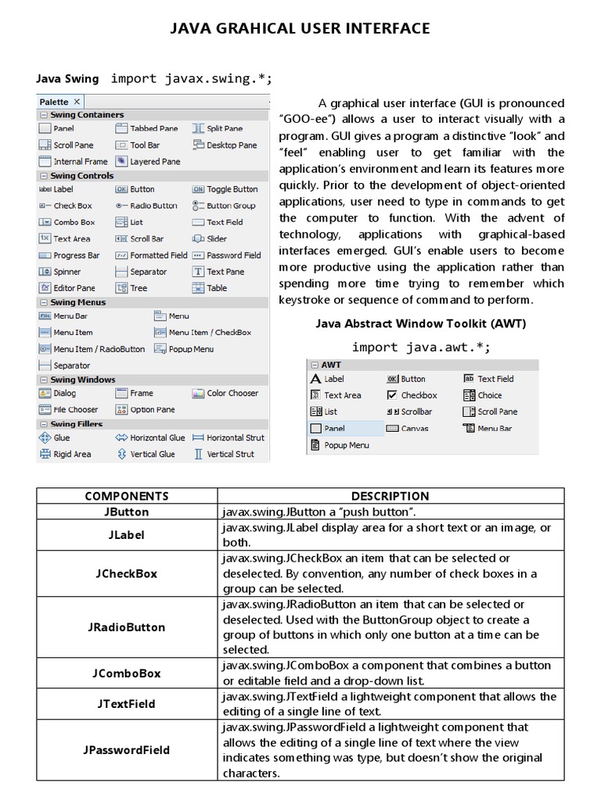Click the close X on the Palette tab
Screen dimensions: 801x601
(x=77, y=102)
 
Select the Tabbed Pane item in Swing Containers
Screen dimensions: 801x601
(x=153, y=128)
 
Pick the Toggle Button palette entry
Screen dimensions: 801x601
(x=232, y=189)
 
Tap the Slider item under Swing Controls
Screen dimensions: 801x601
(x=217, y=239)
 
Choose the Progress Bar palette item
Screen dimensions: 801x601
(x=76, y=255)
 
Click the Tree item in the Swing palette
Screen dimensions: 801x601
(x=139, y=288)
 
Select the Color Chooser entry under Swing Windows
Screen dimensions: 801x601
(x=232, y=393)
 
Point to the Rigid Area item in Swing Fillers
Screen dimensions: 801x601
(x=71, y=454)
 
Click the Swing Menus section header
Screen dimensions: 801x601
(x=77, y=303)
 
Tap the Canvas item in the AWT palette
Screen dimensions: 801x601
(x=414, y=429)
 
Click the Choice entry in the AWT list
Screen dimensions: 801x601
(x=489, y=395)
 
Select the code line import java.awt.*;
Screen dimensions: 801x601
(x=421, y=347)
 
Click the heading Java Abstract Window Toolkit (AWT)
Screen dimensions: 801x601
(x=420, y=323)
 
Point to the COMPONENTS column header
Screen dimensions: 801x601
(x=126, y=496)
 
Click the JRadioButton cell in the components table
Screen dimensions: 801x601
(x=126, y=627)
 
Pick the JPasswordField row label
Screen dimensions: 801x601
(x=126, y=749)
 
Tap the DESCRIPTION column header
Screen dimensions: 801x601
(x=390, y=496)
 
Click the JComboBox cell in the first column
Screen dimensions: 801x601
(x=126, y=673)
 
